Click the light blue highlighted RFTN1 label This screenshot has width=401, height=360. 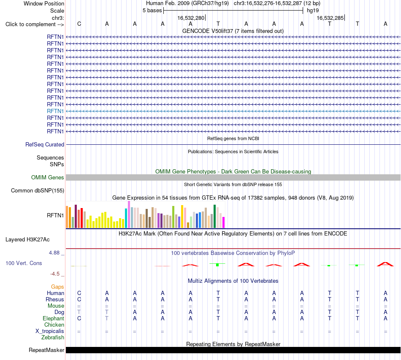pos(55,111)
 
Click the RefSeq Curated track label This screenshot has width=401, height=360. pos(45,144)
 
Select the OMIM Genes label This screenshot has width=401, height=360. pos(48,177)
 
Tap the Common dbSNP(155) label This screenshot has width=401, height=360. pos(38,190)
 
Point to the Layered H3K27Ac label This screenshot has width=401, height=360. pos(27,240)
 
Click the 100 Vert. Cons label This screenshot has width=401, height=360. pos(24,263)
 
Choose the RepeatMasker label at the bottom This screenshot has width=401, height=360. pos(46,350)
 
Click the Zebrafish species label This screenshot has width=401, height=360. pos(53,338)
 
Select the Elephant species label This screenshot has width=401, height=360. pos(54,318)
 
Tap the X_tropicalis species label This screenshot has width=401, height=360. pos(50,331)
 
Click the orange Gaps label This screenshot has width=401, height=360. pos(57,287)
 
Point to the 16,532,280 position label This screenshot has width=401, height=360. pos(191,18)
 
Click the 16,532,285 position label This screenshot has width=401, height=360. pos(330,18)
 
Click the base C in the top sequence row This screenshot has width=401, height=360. pos(79,24)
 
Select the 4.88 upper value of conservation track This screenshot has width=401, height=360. pos(54,253)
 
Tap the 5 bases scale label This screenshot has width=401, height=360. pos(152,11)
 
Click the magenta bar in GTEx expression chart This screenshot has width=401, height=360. pos(224,222)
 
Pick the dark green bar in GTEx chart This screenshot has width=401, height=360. pos(214,217)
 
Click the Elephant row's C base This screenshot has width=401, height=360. pos(79,318)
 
